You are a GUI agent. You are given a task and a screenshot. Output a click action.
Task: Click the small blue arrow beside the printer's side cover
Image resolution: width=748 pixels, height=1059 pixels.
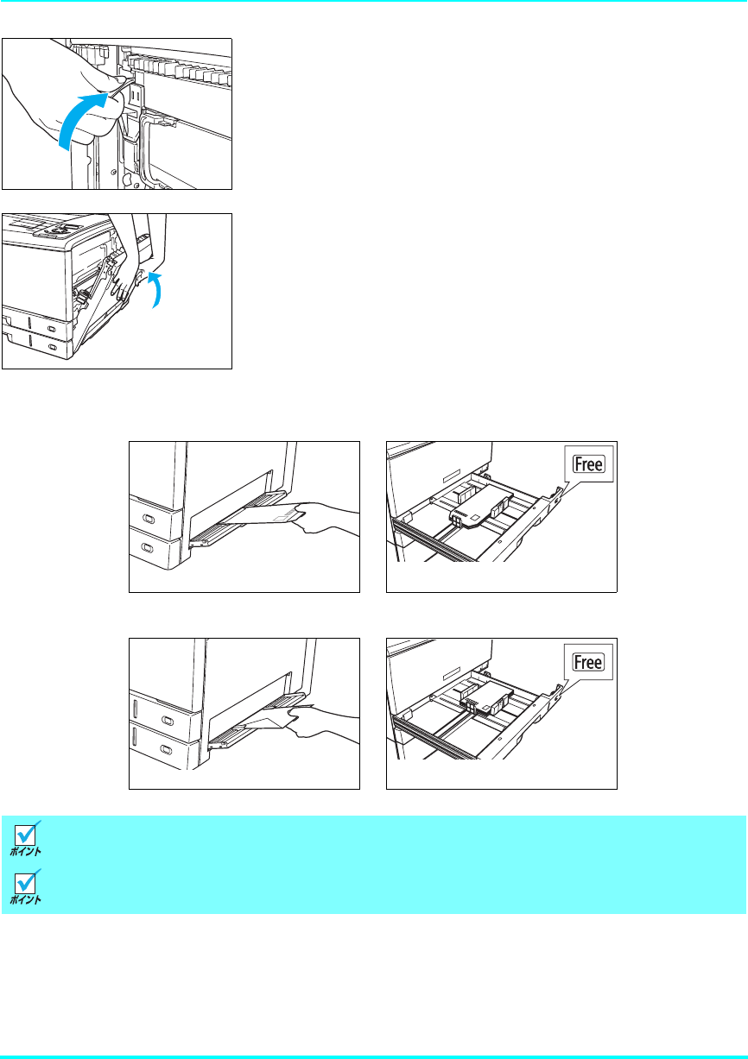pos(155,287)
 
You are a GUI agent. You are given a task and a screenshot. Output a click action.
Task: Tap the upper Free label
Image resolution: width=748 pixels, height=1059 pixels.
pos(587,466)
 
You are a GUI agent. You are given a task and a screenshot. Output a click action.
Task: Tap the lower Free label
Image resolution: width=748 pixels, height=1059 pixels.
pos(587,662)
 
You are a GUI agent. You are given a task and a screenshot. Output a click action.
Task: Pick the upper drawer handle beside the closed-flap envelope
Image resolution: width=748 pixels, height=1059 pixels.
pos(147,520)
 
